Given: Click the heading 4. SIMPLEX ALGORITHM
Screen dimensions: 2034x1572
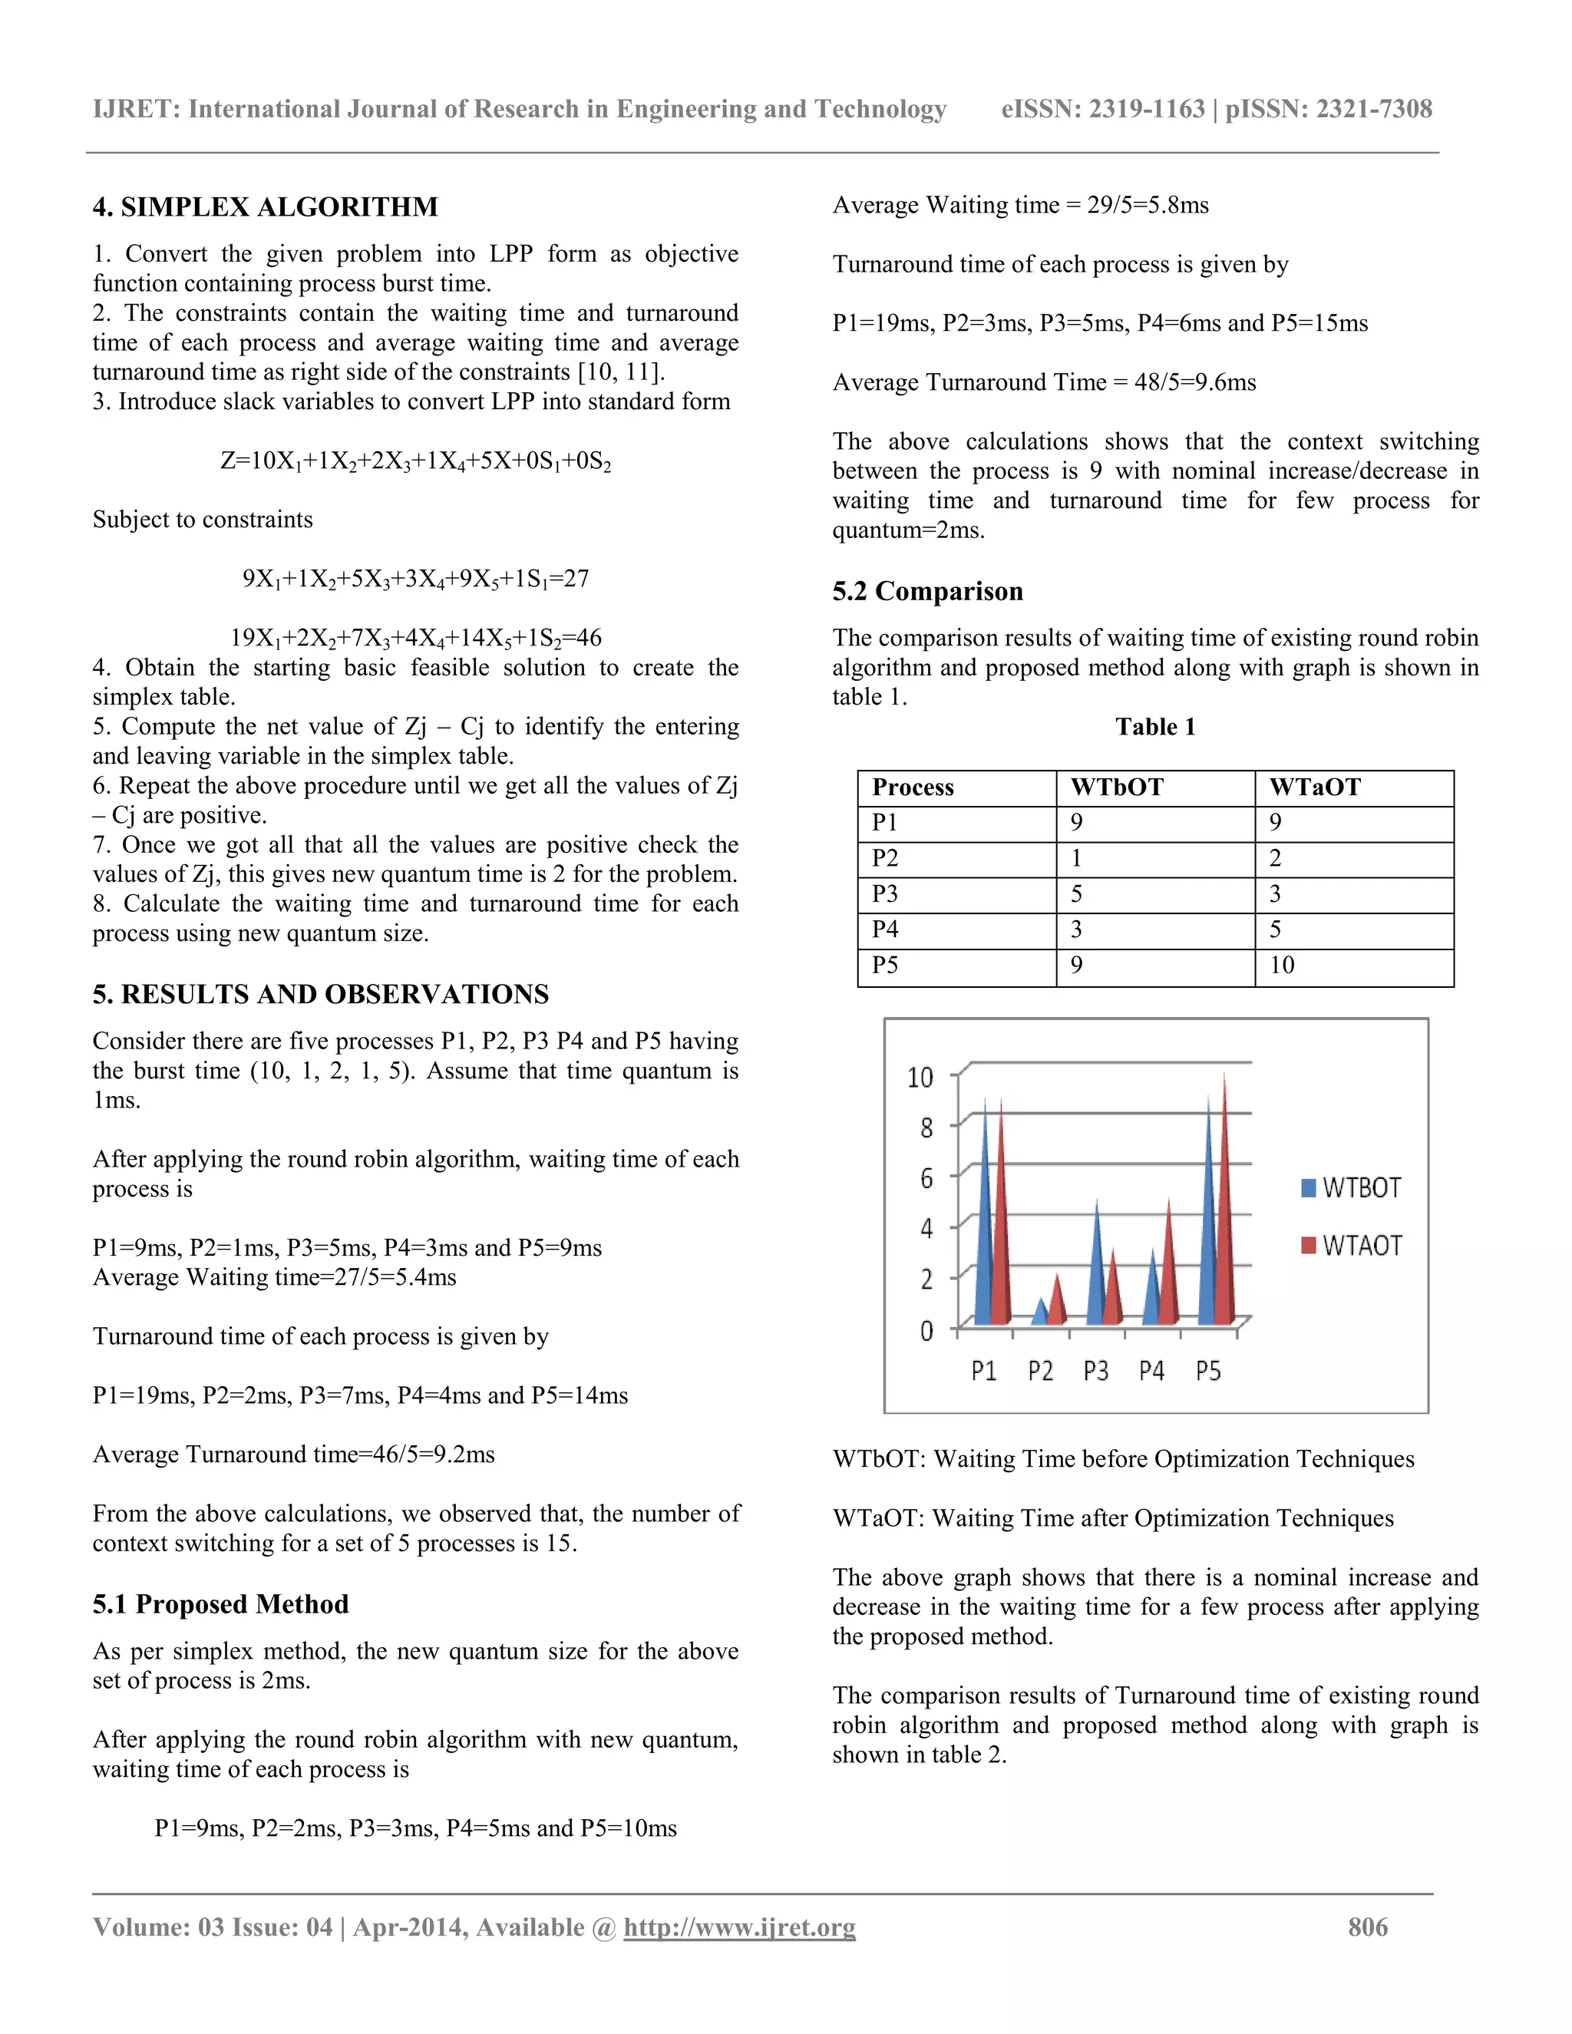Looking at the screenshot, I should (265, 206).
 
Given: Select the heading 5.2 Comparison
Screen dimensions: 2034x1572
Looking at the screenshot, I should (927, 591).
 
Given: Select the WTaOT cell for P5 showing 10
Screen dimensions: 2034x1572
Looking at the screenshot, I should (1283, 965).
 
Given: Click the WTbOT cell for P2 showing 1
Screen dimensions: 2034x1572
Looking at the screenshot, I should (1077, 858).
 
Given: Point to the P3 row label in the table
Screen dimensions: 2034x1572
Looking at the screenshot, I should (885, 894).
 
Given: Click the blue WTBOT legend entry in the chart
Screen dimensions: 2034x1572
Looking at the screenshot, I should (1351, 1187).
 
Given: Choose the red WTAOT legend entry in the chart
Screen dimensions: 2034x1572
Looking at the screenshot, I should (1351, 1245).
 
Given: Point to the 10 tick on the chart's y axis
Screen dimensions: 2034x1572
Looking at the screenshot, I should (920, 1078).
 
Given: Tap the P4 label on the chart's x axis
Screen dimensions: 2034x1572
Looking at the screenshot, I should (1152, 1371).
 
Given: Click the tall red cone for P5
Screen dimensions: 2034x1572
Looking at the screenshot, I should (1224, 1210).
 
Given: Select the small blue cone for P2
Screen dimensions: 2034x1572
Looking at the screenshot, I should (1041, 1313).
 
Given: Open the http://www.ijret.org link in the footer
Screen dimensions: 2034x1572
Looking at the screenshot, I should (739, 1928).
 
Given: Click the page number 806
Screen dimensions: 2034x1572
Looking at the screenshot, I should (1367, 1928).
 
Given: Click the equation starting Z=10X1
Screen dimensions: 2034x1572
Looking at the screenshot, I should (415, 461).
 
